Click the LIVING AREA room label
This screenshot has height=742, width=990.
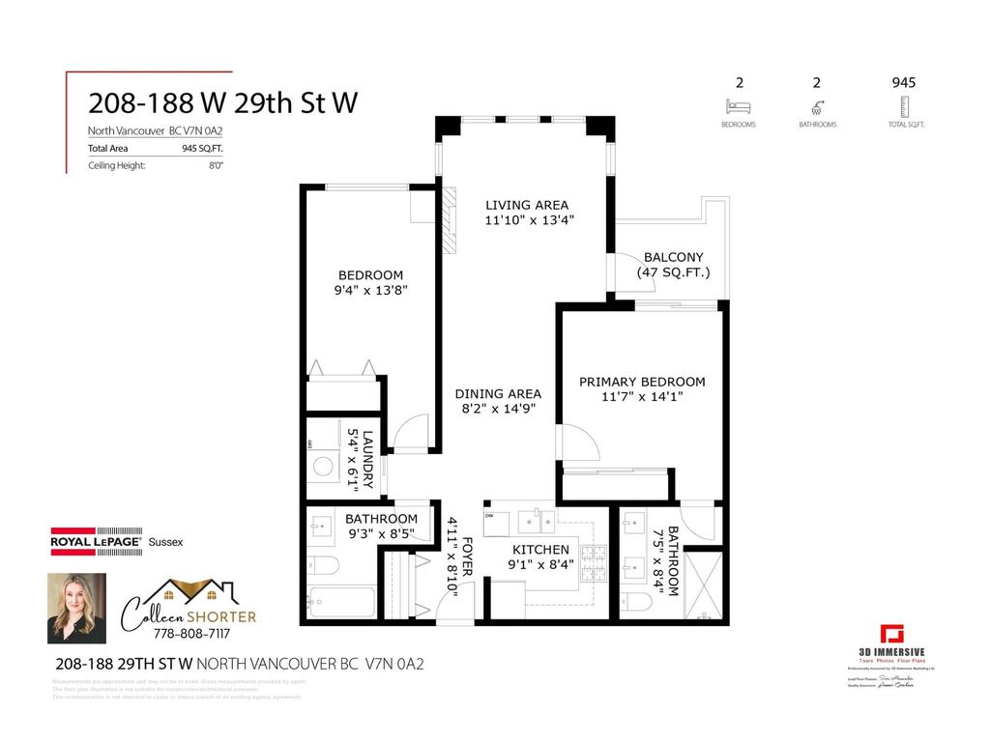pos(527,205)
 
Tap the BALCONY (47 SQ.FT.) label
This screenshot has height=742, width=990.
pos(673,258)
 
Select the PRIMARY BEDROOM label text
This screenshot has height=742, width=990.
pos(642,382)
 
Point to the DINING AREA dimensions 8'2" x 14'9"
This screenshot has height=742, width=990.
pos(499,409)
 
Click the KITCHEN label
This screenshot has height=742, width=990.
pos(540,550)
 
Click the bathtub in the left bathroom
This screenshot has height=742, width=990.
pos(341,602)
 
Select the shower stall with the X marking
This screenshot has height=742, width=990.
pos(702,583)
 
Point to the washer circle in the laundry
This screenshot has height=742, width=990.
pos(324,469)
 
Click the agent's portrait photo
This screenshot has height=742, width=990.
pos(76,609)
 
